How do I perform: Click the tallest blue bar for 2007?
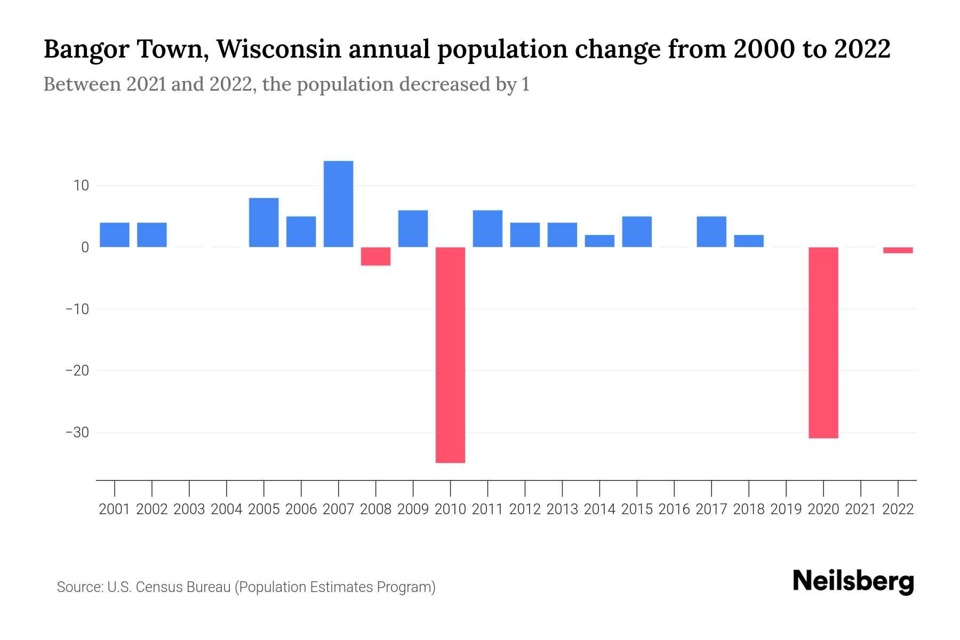338,204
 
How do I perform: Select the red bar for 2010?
450,355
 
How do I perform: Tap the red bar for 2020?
823,342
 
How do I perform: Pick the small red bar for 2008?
375,257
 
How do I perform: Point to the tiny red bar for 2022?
898,250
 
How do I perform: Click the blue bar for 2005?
263,222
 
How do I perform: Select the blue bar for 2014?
599,241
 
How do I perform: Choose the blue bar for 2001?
115,235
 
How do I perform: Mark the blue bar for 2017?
711,231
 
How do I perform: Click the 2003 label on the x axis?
189,509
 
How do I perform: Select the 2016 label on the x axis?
674,509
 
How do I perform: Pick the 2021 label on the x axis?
860,509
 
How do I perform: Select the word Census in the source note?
159,587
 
